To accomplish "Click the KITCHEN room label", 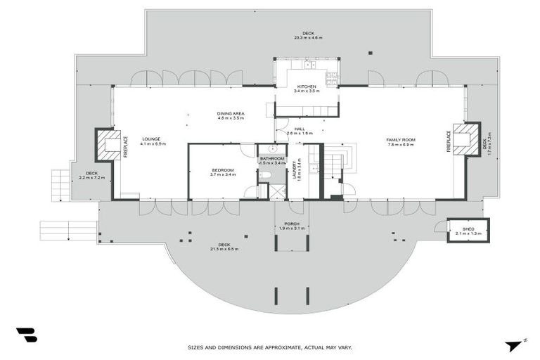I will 306,87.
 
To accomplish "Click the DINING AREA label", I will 230,113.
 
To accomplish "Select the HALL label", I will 300,129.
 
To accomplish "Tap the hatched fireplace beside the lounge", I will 110,145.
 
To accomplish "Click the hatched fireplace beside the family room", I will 465,139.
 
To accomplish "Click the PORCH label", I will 291,224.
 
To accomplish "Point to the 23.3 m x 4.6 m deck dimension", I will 308,37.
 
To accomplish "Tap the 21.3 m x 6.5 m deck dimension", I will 224,249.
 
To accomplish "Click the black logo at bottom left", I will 27,335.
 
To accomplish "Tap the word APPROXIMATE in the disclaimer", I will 272,347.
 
